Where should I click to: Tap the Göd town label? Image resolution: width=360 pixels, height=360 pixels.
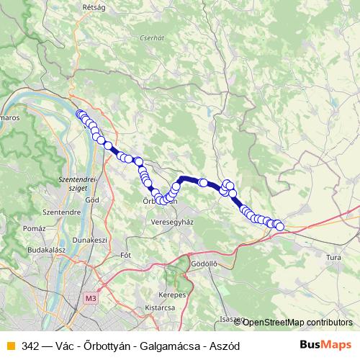[92, 199]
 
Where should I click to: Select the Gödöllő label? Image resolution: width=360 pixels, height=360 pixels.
[204, 264]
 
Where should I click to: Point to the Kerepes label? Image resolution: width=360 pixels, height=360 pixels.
[173, 294]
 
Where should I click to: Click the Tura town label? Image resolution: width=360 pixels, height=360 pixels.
[334, 257]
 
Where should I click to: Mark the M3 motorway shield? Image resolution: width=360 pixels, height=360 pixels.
[90, 298]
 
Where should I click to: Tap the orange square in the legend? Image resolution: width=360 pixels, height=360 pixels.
[10, 346]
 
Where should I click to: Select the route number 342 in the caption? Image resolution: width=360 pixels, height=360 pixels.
[30, 346]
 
